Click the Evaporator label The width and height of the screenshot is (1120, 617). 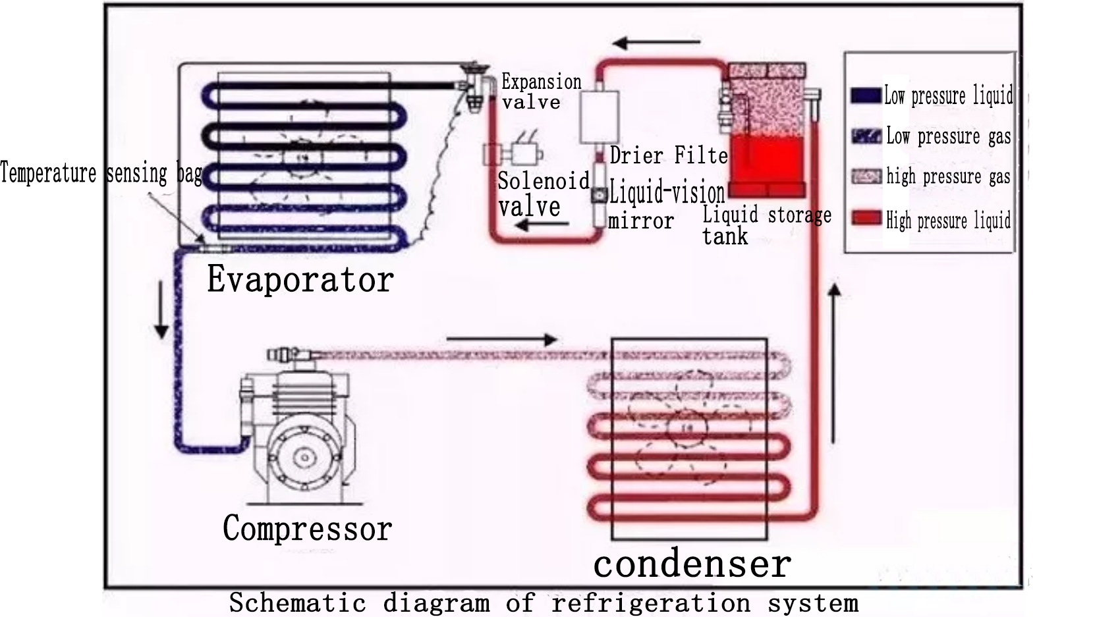[x=300, y=279]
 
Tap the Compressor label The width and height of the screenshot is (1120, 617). [x=307, y=528]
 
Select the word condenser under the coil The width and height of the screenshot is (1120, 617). [x=692, y=564]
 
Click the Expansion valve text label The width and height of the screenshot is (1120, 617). [x=541, y=92]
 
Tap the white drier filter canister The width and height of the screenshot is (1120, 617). [x=599, y=117]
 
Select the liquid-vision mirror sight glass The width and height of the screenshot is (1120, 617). [x=599, y=195]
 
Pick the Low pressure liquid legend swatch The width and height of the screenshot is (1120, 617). [x=865, y=95]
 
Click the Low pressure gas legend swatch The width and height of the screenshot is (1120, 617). [x=866, y=136]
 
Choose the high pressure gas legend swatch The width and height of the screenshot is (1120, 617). [x=866, y=176]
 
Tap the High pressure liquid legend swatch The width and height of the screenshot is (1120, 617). [x=866, y=218]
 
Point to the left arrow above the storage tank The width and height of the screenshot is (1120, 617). [x=656, y=43]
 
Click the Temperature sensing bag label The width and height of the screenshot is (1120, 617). [x=101, y=173]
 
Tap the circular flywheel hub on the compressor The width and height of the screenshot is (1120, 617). [x=304, y=456]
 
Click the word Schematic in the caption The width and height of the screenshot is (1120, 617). [x=296, y=603]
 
